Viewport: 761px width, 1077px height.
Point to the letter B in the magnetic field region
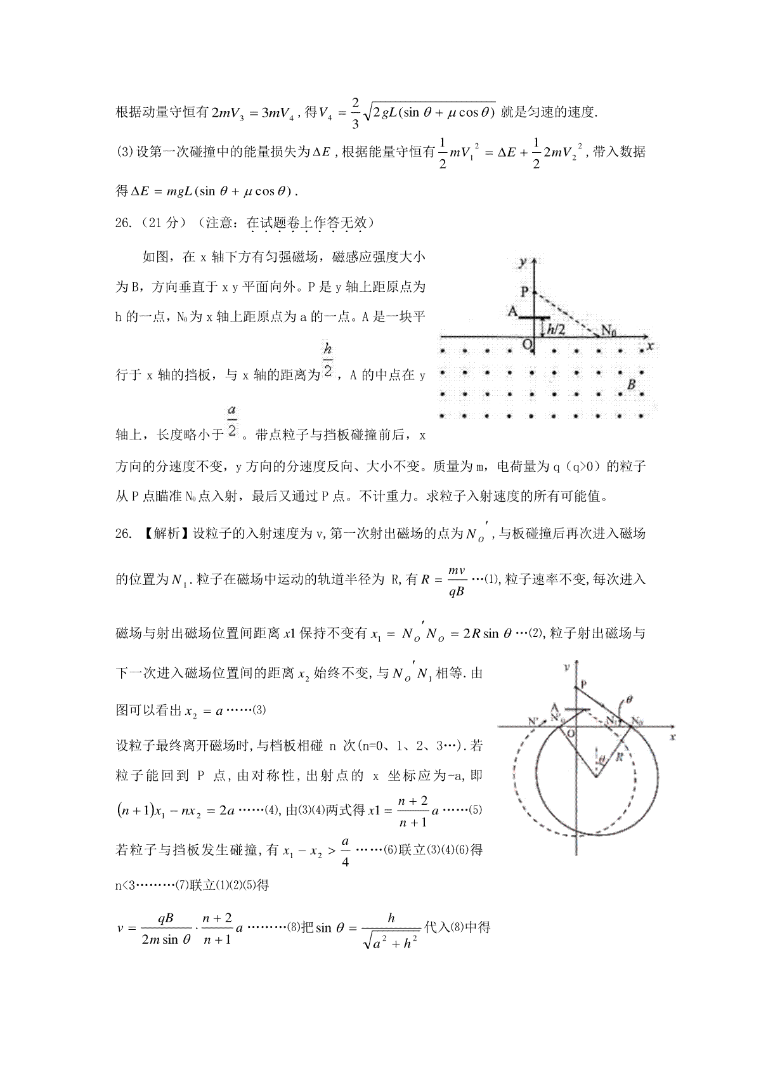pos(631,384)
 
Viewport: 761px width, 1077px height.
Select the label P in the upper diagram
pos(524,292)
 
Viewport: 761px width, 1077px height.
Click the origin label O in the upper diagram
pos(526,344)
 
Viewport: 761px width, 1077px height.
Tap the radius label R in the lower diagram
pos(620,756)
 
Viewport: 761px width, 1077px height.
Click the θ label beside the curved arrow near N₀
pos(628,700)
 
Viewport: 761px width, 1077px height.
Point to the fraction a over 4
pos(345,851)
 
